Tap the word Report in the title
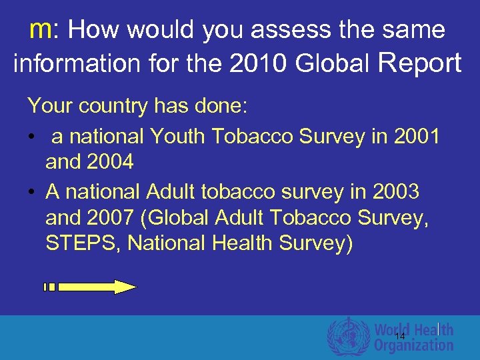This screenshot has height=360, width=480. [x=419, y=64]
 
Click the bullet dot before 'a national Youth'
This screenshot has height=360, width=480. [x=31, y=137]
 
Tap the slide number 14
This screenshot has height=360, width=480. [x=400, y=337]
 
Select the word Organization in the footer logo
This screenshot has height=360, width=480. [x=413, y=345]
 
